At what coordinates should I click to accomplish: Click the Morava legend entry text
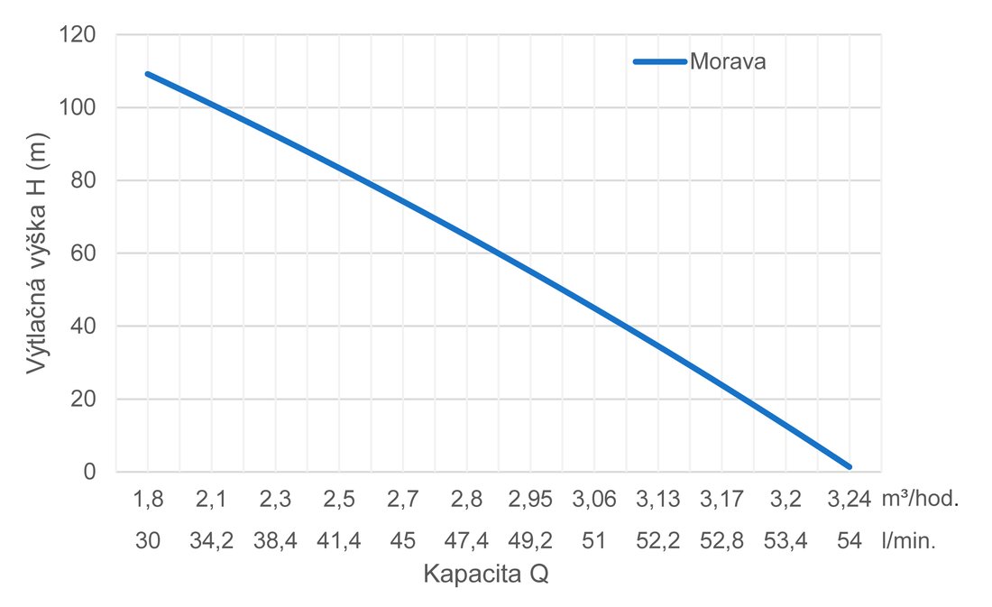(x=728, y=62)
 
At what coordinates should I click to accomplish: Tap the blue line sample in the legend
(x=660, y=62)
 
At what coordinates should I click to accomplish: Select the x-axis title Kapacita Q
(x=486, y=575)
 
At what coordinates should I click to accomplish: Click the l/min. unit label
(x=909, y=542)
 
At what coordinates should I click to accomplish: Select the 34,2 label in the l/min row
(x=212, y=542)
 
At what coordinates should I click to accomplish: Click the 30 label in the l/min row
(x=148, y=542)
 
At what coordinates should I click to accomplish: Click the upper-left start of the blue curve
(x=148, y=74)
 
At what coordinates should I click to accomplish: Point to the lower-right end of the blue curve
(x=849, y=466)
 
